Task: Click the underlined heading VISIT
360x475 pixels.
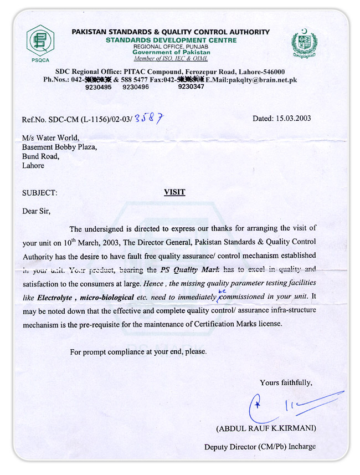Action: coord(174,192)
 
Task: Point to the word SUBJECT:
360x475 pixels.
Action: coord(39,193)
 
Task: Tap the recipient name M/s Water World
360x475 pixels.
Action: coord(50,138)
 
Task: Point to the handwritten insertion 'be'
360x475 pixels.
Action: coord(220,290)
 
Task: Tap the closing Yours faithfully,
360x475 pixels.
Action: coord(286,382)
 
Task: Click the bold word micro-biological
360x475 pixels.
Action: coord(106,297)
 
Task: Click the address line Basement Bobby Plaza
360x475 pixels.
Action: coord(60,147)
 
